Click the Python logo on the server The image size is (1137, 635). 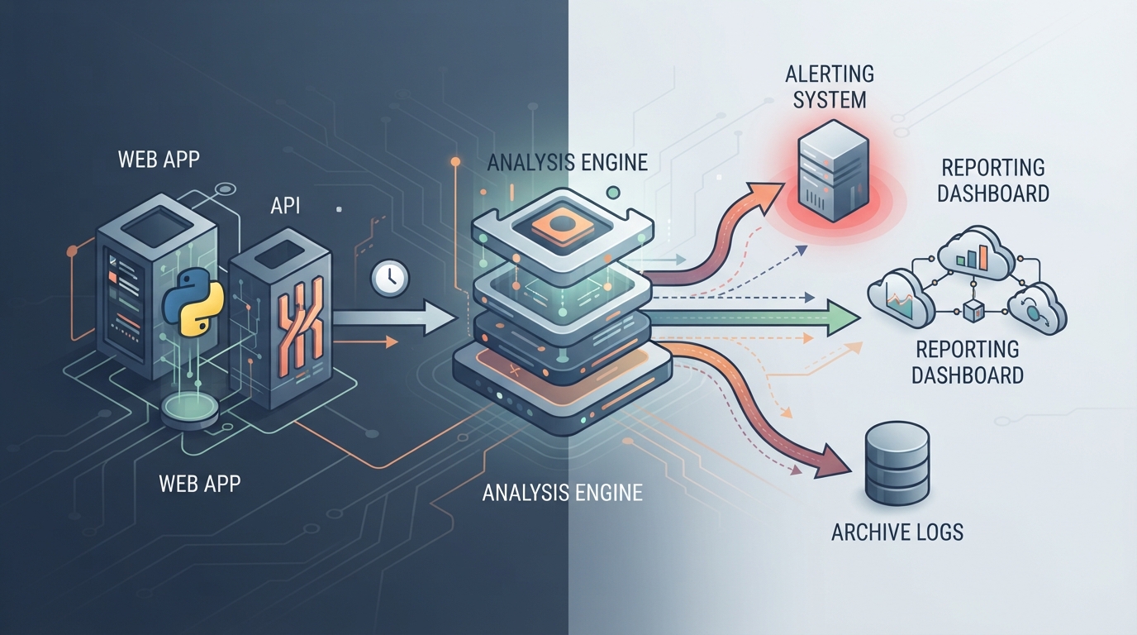pyautogui.click(x=193, y=302)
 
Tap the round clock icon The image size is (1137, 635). pyautogui.click(x=390, y=278)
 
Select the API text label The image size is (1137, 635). pyautogui.click(x=285, y=206)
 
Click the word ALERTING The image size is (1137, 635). pyautogui.click(x=830, y=74)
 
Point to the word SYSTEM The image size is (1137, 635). pyautogui.click(x=830, y=99)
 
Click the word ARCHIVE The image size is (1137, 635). pyautogui.click(x=864, y=532)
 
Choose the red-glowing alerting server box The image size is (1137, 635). pyautogui.click(x=832, y=170)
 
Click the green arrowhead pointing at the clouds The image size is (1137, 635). pyautogui.click(x=844, y=318)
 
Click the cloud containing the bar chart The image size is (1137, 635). pyautogui.click(x=976, y=255)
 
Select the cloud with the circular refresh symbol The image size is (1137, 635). pyautogui.click(x=1036, y=310)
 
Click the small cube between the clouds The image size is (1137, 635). pyautogui.click(x=973, y=310)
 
